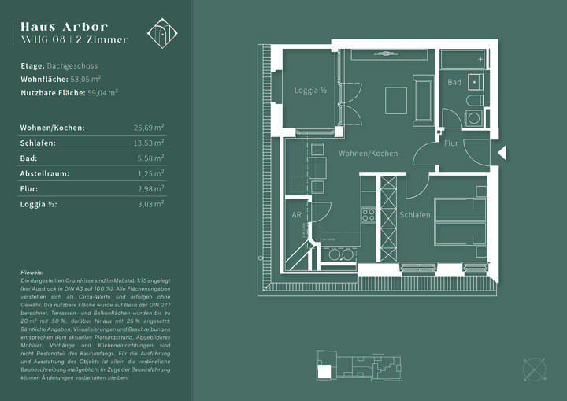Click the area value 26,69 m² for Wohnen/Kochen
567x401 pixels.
pos(149,127)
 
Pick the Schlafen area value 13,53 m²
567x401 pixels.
pos(149,143)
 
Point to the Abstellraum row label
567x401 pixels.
pos(45,173)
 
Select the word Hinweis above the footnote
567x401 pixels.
pos(33,272)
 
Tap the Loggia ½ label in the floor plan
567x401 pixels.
pos(310,91)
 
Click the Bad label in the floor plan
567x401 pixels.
pos(454,82)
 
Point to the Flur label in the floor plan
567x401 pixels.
pos(450,143)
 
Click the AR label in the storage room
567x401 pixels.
pos(297,214)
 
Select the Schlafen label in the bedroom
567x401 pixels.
pos(414,214)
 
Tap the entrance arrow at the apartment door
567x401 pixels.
pos(502,152)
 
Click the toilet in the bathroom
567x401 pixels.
pos(475,101)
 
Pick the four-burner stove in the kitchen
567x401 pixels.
pos(368,213)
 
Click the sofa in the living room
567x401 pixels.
pos(424,100)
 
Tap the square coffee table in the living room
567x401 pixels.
pos(395,100)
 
